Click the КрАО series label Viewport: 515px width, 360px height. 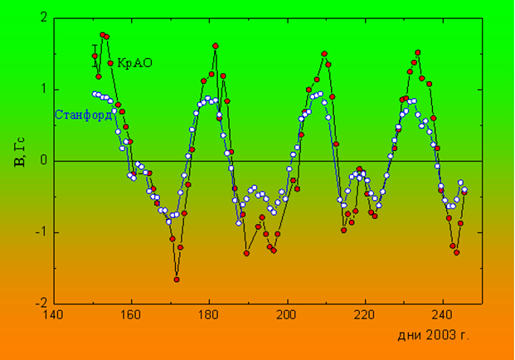coord(134,62)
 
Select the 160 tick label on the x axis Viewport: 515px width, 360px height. coord(130,316)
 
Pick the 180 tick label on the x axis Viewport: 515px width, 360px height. coord(209,316)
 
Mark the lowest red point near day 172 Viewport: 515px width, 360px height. coord(177,280)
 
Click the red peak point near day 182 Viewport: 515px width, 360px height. coord(216,46)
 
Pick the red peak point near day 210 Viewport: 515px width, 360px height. coord(324,54)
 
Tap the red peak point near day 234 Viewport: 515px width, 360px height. coord(418,52)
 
